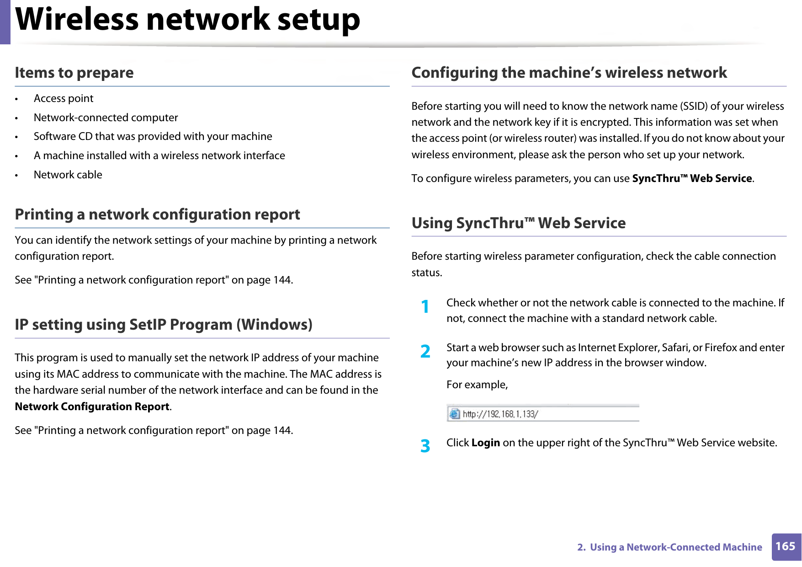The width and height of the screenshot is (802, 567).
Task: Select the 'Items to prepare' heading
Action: [74, 73]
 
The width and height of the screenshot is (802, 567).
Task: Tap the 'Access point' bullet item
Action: [64, 99]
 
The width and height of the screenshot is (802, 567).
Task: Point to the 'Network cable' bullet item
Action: [68, 175]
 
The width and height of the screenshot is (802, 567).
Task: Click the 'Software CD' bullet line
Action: [153, 137]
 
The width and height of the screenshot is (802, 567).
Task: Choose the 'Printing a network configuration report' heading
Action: [157, 214]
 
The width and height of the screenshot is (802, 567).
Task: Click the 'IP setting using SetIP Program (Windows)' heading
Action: [163, 325]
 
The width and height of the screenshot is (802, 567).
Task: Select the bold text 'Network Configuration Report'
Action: [92, 407]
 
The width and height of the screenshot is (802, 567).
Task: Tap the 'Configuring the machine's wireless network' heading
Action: [569, 73]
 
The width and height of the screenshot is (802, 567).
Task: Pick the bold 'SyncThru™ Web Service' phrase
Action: [692, 179]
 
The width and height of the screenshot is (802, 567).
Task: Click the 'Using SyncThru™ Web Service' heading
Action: [519, 223]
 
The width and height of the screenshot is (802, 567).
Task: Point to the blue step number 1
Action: [425, 307]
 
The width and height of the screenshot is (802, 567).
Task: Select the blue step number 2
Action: [425, 351]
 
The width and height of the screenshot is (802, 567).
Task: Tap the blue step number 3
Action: [425, 446]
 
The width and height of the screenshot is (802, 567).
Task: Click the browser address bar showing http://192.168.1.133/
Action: [548, 414]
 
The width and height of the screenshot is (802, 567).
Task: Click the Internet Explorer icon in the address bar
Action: [454, 414]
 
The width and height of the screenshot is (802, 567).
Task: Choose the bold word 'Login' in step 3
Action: [485, 443]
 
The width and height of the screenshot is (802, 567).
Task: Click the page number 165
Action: [786, 546]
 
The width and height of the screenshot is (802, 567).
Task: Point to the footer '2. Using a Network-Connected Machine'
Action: [669, 547]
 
